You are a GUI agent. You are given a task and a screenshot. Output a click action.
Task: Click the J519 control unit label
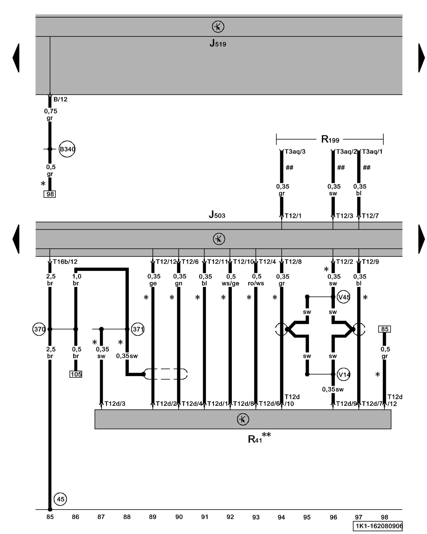tap(218, 43)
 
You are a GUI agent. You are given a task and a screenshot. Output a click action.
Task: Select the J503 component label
tap(217, 214)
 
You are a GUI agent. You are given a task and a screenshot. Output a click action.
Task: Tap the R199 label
tap(330, 139)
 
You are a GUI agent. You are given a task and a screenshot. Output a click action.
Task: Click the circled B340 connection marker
tap(67, 149)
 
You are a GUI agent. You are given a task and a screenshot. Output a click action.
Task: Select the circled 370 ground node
tap(39, 329)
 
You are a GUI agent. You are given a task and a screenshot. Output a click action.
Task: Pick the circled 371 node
tap(138, 329)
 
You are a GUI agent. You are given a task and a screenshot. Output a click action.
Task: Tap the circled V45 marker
tap(344, 297)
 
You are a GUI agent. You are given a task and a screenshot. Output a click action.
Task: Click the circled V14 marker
tap(344, 375)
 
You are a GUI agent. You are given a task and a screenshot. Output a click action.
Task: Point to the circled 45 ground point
tap(60, 499)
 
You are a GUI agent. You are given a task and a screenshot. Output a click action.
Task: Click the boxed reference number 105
tap(76, 374)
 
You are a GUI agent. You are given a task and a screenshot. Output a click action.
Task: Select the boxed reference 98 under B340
tap(50, 194)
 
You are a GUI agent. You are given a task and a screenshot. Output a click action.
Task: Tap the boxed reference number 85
tap(385, 329)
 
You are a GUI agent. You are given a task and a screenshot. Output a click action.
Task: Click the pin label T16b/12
tap(65, 262)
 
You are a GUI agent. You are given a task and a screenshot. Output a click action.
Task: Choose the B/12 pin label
tap(60, 99)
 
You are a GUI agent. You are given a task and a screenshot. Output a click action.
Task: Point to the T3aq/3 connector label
tap(295, 152)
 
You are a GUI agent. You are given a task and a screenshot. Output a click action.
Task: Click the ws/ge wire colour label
tap(230, 283)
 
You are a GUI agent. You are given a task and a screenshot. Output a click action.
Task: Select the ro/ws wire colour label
tap(256, 283)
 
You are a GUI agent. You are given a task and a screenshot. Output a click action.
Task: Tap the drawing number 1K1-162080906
tap(378, 526)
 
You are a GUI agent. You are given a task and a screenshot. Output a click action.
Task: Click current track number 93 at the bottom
tap(256, 517)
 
